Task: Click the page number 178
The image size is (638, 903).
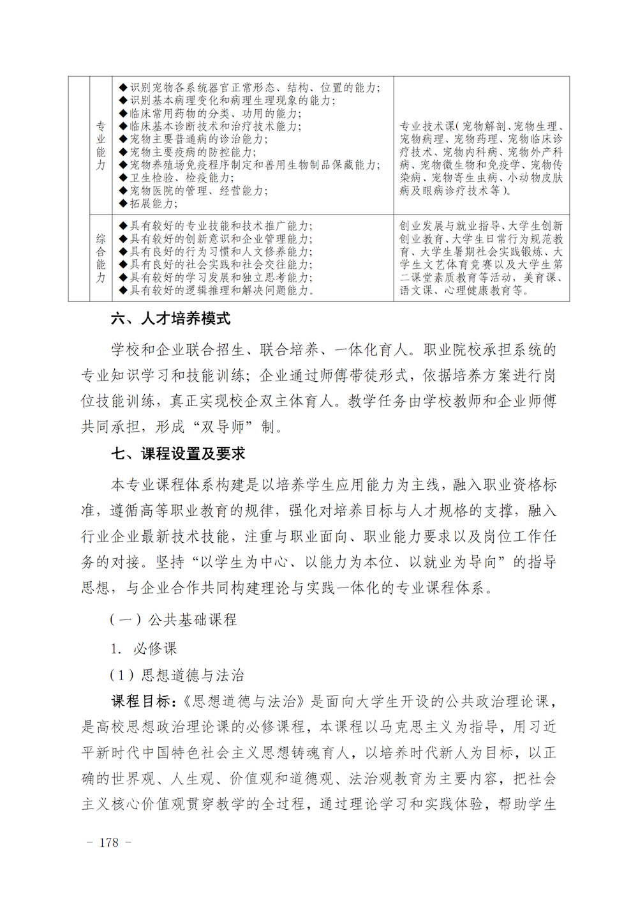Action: tap(109, 842)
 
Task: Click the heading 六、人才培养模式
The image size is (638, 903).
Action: tap(170, 319)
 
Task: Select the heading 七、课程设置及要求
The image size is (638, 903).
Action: tap(178, 454)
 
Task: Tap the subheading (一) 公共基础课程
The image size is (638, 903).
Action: tap(174, 619)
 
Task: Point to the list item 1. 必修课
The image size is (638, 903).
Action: tap(144, 649)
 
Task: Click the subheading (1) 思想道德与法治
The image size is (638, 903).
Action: tap(177, 675)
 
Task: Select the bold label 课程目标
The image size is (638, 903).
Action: tap(141, 701)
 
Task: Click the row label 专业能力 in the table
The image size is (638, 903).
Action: tap(101, 146)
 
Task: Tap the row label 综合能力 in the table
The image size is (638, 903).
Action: tap(101, 258)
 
